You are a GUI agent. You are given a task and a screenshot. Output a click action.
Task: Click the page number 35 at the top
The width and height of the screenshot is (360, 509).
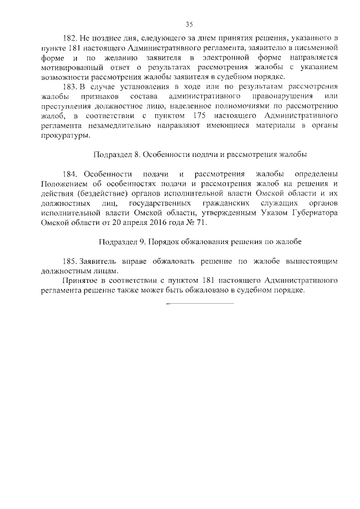pyautogui.click(x=189, y=24)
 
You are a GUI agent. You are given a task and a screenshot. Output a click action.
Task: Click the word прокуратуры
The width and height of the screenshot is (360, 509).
pyautogui.click(x=64, y=135)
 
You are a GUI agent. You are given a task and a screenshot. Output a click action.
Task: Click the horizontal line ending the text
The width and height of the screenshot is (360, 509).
pyautogui.click(x=200, y=304)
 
